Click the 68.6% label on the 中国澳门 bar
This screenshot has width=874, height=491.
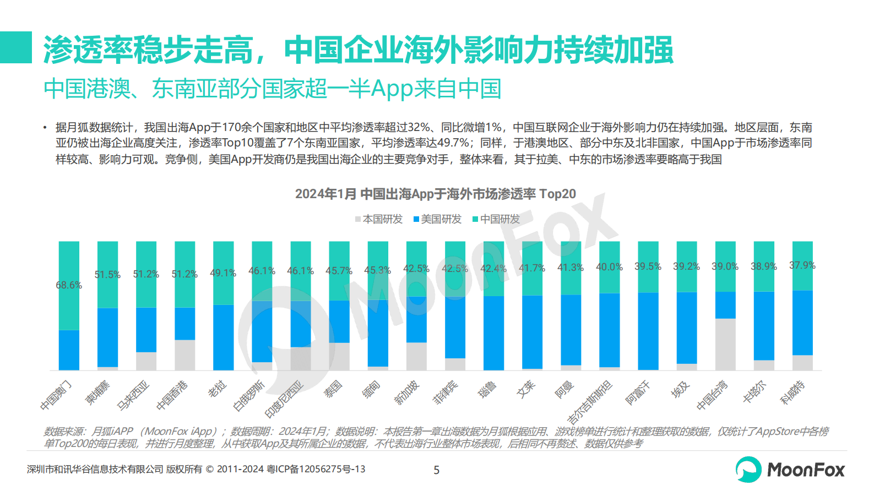coord(69,285)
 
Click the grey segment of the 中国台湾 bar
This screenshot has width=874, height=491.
coord(725,344)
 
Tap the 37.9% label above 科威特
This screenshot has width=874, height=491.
coord(802,265)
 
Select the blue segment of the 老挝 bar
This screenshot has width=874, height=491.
coord(223,337)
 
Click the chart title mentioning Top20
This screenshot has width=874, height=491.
coord(435,194)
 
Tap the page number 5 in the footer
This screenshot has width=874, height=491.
coord(437,470)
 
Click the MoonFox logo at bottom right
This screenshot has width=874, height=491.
coord(790,470)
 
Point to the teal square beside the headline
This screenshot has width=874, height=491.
coord(16,47)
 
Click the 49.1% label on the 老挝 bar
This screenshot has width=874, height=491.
coord(223,273)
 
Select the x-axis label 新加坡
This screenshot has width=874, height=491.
coord(408,392)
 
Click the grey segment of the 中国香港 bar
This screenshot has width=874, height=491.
coord(184,355)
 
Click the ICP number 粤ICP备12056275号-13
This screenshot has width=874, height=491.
coord(316,469)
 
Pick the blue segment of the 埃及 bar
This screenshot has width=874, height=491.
coord(686,328)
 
